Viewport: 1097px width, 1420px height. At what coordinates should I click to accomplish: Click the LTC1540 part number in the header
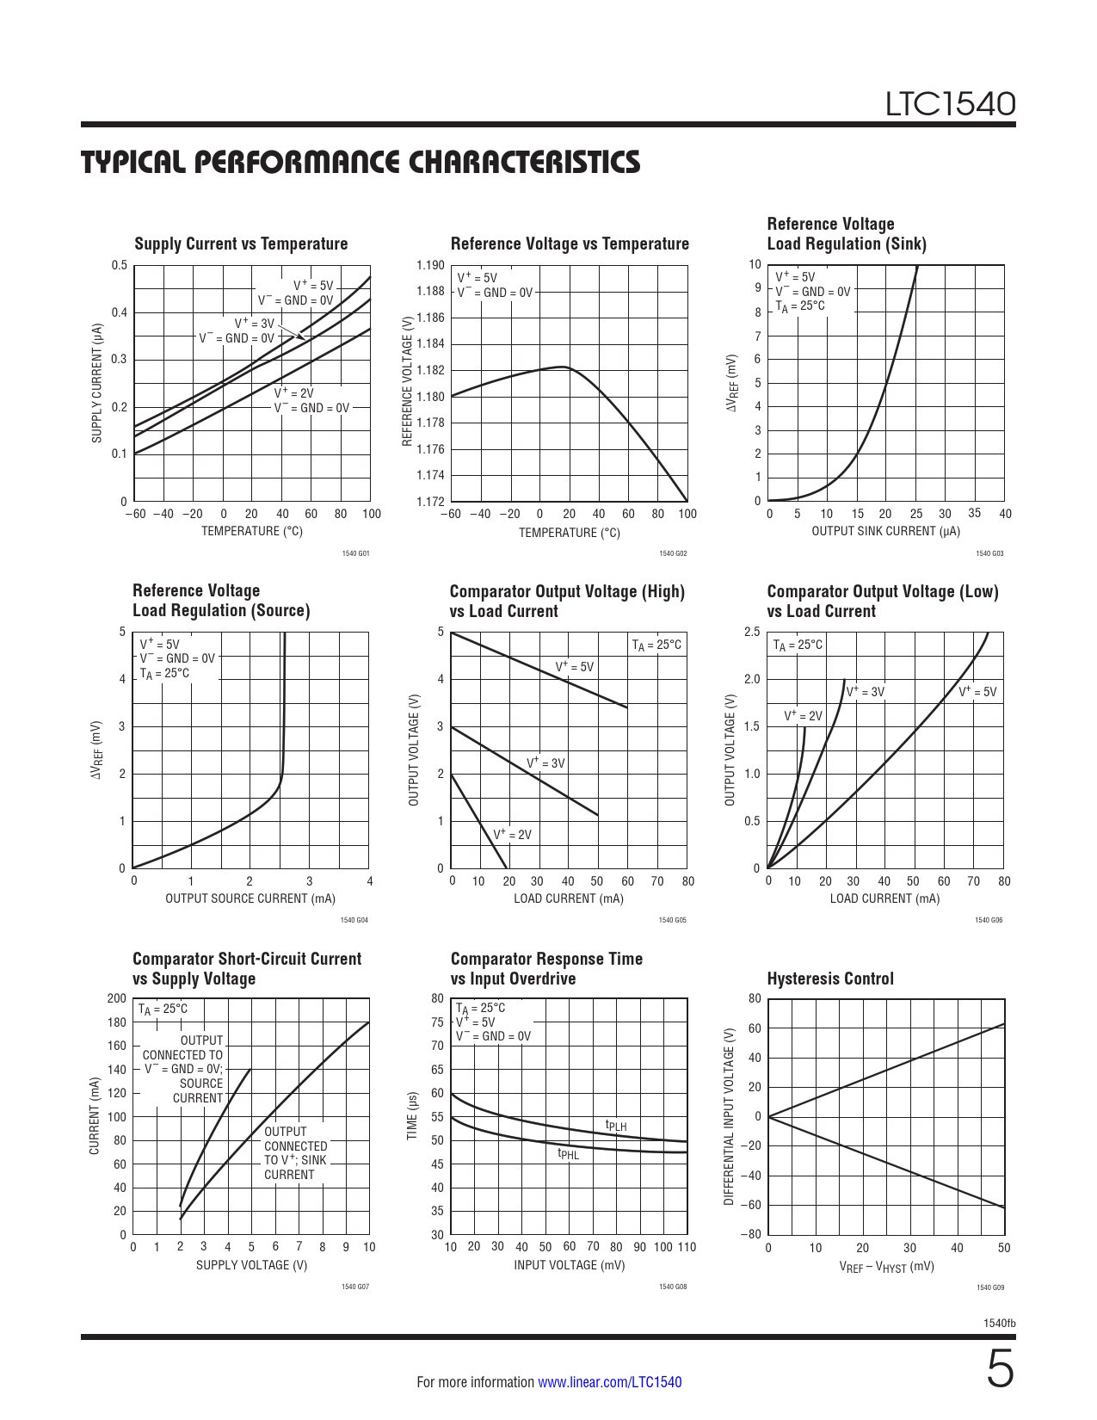click(x=951, y=104)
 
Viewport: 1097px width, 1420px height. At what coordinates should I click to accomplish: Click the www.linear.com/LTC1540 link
click(x=609, y=1382)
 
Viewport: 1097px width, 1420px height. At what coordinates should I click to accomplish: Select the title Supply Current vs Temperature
click(x=241, y=244)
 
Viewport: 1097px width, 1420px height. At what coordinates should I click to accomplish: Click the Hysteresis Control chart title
click(x=830, y=979)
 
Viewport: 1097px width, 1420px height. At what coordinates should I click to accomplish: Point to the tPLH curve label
click(x=616, y=1125)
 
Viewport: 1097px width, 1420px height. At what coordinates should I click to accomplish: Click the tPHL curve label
click(x=568, y=1154)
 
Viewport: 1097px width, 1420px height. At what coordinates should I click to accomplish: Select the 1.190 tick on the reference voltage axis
click(x=430, y=265)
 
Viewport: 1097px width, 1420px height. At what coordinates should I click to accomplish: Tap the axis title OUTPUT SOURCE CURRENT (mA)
click(x=250, y=898)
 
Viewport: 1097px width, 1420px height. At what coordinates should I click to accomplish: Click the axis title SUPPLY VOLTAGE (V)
click(x=251, y=1265)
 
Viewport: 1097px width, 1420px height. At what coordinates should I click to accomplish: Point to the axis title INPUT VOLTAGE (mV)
click(x=569, y=1265)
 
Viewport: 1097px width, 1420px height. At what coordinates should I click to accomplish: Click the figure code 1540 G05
click(x=672, y=921)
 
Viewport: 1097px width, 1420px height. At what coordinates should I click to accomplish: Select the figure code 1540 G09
click(x=989, y=1287)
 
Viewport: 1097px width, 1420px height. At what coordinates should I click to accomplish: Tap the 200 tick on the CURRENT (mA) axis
click(x=116, y=999)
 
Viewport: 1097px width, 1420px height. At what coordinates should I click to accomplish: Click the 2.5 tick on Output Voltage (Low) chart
click(x=751, y=633)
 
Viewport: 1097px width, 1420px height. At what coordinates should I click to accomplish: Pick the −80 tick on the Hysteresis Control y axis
click(x=749, y=1234)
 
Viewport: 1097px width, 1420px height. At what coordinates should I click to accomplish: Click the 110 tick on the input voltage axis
click(x=687, y=1247)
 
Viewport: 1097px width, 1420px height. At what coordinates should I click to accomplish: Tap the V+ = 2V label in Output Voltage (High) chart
click(x=512, y=835)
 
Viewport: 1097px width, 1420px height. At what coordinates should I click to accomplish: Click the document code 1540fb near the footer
click(x=999, y=1323)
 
